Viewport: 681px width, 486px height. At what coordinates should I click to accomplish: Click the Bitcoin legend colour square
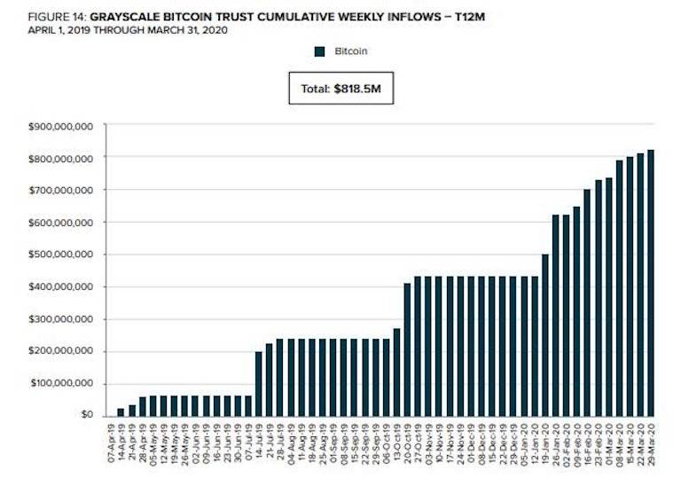320,51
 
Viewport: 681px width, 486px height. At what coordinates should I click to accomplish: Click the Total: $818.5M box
340,88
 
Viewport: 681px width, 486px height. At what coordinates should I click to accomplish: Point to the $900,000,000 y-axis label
63,126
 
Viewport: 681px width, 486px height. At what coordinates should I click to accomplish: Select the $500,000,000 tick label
63,255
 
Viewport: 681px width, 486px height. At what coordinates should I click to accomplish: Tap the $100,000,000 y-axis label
63,383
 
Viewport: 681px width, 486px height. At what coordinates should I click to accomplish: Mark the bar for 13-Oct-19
397,372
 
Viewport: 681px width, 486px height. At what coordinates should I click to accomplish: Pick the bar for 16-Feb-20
587,302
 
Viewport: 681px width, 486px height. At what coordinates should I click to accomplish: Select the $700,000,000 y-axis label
63,190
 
